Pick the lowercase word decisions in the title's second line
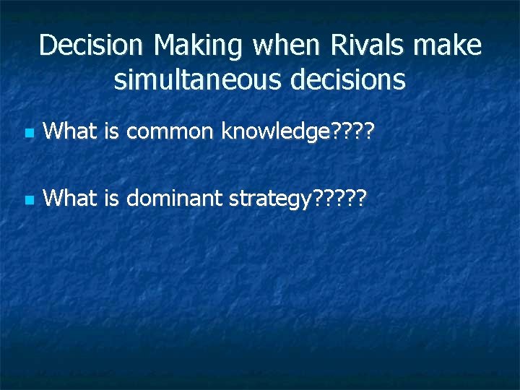[346, 79]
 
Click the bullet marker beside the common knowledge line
[28, 134]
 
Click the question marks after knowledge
[353, 131]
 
